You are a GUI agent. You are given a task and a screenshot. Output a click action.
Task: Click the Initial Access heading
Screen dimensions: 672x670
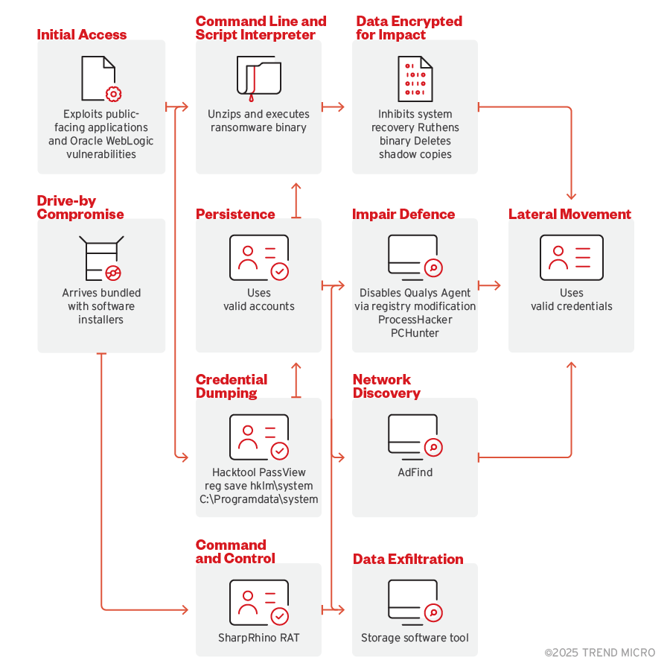click(82, 34)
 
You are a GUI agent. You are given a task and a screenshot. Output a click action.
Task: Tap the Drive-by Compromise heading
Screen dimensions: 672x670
click(80, 208)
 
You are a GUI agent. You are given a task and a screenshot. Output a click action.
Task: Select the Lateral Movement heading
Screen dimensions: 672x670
click(569, 215)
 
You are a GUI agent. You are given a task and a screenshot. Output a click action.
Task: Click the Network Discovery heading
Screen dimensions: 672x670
click(386, 386)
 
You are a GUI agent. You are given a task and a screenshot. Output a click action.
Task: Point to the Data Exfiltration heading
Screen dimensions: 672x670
click(408, 560)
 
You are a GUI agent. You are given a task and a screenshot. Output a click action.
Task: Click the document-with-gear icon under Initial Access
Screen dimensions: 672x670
click(101, 79)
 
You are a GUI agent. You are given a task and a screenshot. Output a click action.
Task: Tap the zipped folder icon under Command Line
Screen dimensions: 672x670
click(258, 79)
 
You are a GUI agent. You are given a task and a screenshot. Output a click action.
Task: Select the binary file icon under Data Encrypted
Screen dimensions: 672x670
click(415, 79)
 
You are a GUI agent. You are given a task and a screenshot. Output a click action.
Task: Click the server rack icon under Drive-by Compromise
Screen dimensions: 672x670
click(101, 258)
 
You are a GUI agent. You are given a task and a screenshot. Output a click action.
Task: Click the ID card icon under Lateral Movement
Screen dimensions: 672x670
click(571, 257)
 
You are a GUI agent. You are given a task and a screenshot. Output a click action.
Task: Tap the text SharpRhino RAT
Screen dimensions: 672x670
click(258, 638)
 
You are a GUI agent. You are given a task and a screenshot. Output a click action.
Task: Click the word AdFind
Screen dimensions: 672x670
click(415, 472)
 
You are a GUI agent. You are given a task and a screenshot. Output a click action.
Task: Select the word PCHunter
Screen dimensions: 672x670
click(415, 333)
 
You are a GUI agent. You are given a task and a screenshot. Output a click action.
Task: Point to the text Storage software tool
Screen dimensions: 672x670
click(415, 638)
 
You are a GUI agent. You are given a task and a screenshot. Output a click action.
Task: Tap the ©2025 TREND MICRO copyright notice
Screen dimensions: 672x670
click(599, 653)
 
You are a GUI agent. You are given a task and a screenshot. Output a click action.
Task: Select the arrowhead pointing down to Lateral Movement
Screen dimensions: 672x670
click(571, 196)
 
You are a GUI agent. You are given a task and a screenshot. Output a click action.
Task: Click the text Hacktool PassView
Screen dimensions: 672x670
click(258, 472)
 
